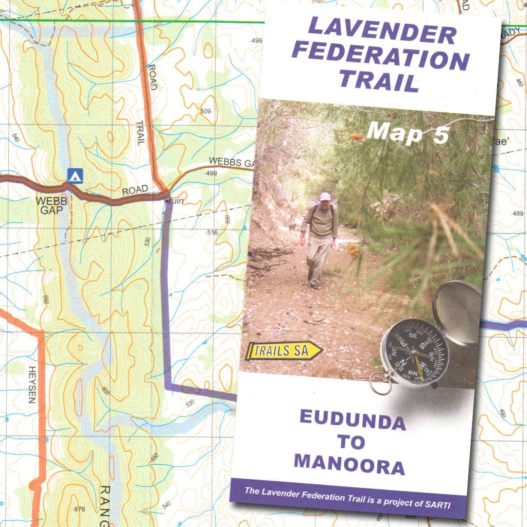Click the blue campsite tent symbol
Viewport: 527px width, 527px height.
[x=74, y=177]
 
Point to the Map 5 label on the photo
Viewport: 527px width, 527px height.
[x=408, y=133]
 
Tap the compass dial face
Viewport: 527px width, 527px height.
[x=414, y=353]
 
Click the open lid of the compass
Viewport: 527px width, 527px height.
[x=457, y=312]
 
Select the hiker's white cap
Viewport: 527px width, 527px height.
[x=324, y=196]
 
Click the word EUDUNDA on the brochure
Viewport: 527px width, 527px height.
[x=353, y=419]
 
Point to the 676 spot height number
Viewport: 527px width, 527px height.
[x=79, y=510]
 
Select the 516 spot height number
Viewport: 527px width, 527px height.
[x=212, y=233]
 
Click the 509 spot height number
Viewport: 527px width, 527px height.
[x=206, y=111]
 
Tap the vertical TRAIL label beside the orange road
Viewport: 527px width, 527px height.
[x=140, y=132]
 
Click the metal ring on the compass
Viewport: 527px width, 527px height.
[x=380, y=383]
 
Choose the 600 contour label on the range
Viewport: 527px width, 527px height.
[x=106, y=391]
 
